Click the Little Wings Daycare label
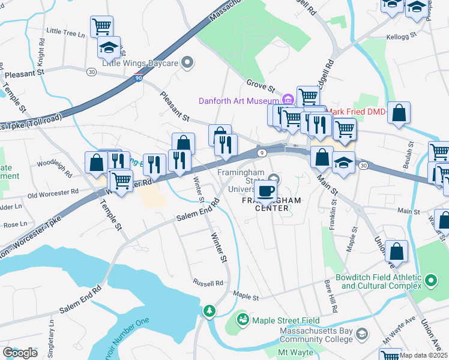pos(140,62)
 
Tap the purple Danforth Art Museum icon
pos(288,100)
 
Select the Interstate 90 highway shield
pos(139,79)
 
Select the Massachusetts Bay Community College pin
pos(361,333)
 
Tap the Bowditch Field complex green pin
pos(430,280)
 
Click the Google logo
pos(20,352)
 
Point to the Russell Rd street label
pos(208,283)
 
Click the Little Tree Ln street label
pos(65,32)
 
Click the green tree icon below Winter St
pos(209,311)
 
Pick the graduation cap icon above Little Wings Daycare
pos(109,46)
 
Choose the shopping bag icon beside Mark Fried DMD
pos(399,112)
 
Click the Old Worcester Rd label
pos(53,194)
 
